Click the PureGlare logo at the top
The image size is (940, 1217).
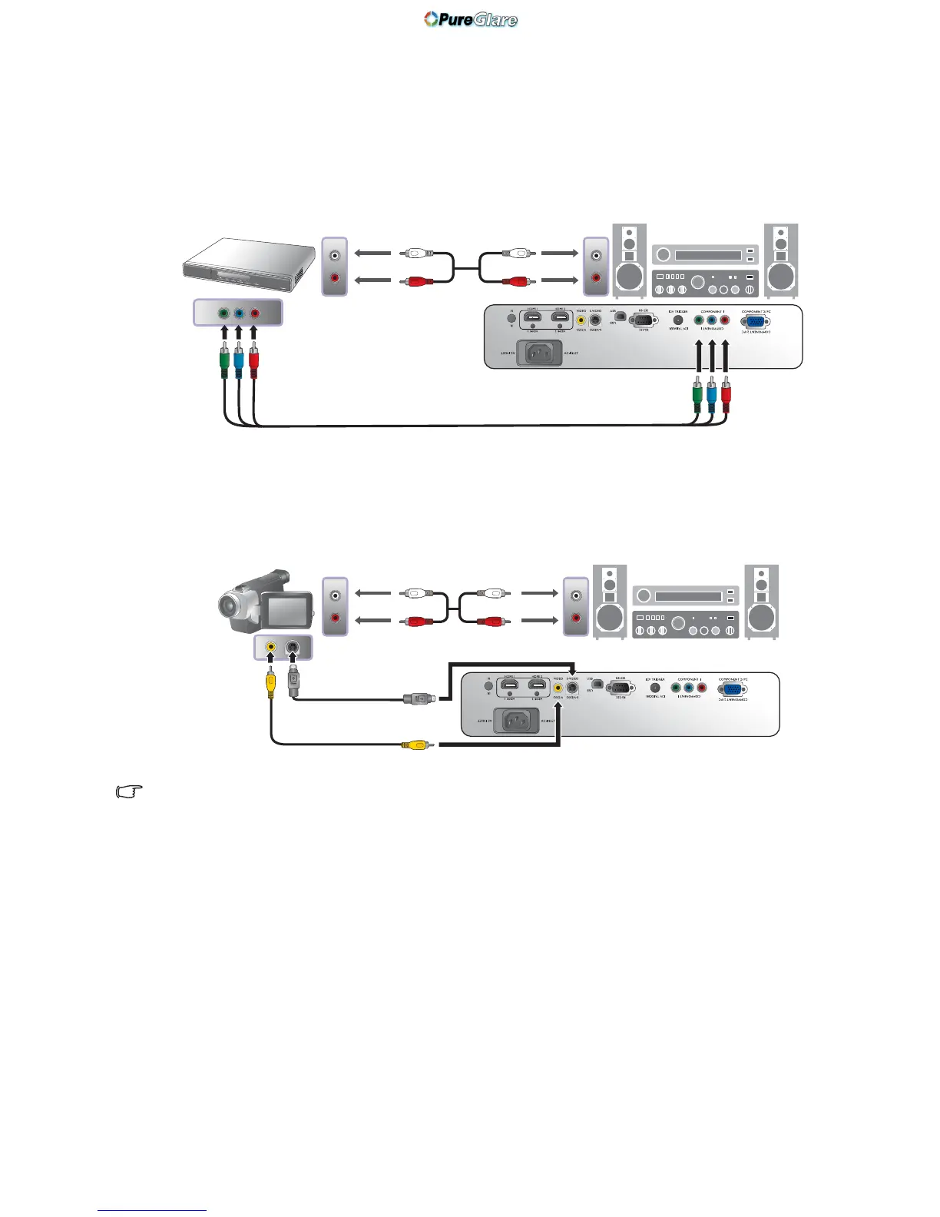471,19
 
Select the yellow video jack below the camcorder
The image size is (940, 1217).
270,648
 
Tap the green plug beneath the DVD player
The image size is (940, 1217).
223,362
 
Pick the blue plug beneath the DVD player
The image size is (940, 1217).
239,362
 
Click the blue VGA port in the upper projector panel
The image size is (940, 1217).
754,323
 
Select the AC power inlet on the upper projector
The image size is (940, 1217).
539,353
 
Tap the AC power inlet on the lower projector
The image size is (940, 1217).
516,721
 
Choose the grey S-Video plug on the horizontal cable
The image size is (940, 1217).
418,698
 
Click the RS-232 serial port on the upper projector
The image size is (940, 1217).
643,320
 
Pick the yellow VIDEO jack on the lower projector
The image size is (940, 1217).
558,688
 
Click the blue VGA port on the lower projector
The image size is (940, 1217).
732,689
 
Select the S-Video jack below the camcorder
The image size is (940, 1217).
293,648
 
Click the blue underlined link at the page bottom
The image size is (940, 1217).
152,1210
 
